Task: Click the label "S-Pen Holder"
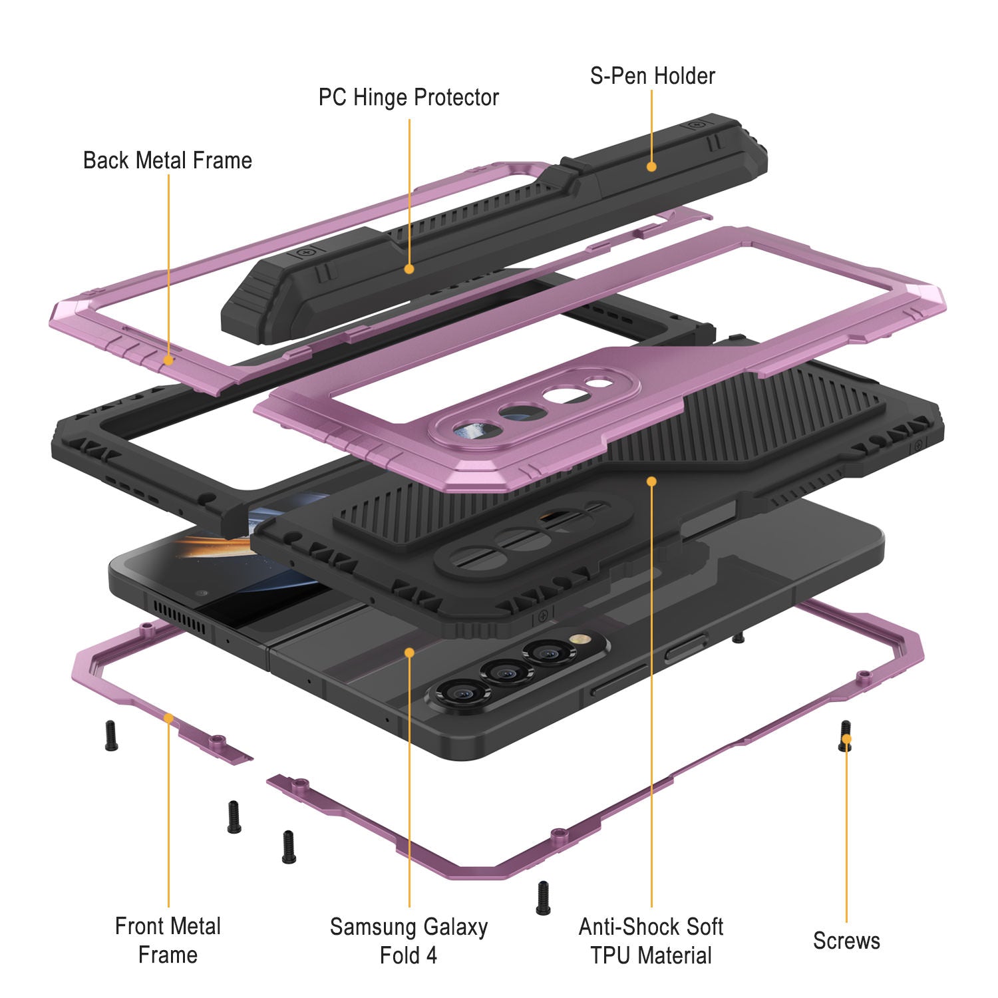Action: point(652,76)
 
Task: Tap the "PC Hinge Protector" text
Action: point(409,98)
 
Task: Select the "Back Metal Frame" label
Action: point(168,160)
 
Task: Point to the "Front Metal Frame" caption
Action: point(168,940)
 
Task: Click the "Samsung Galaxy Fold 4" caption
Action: point(409,941)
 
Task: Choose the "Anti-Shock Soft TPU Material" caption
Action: point(651,941)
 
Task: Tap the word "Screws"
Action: point(846,941)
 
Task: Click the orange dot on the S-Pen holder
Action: point(651,166)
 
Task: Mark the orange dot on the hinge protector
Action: point(409,269)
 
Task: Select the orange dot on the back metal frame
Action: point(168,360)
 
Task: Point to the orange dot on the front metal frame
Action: point(168,719)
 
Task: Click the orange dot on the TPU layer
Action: point(651,480)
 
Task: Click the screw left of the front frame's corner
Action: point(111,736)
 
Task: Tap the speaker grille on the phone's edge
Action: point(179,616)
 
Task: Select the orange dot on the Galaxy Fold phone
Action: point(409,653)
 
